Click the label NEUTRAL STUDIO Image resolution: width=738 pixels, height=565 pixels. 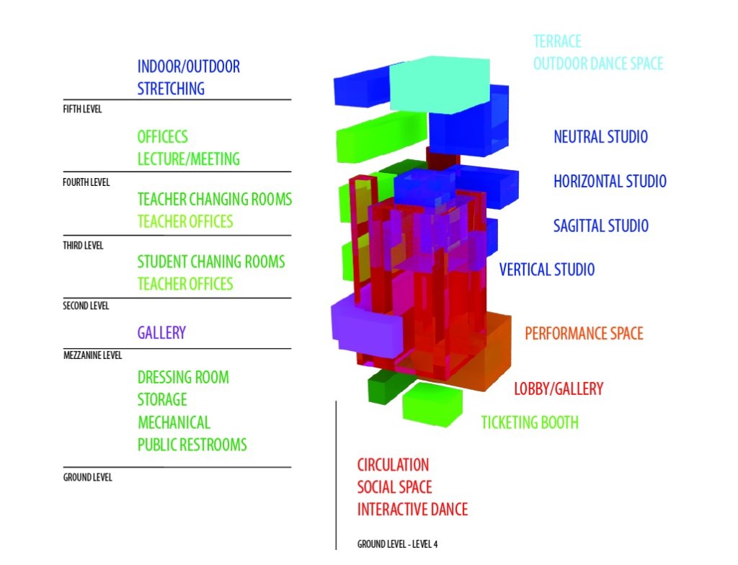tap(600, 137)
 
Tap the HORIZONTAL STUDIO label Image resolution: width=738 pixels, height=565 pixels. tap(610, 182)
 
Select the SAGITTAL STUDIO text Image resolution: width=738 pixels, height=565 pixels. tap(601, 226)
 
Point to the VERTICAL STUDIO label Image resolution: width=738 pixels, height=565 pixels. tap(547, 270)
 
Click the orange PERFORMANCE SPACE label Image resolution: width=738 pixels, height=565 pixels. tap(584, 334)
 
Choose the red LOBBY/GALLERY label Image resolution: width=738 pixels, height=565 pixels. tap(559, 389)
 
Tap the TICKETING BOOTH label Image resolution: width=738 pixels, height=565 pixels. tap(530, 422)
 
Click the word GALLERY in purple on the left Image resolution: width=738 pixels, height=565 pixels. tap(161, 333)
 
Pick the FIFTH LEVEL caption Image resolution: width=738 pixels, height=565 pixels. tap(83, 110)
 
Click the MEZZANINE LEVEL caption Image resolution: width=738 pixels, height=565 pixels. tap(93, 355)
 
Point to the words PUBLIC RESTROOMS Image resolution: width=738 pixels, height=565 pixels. tap(192, 445)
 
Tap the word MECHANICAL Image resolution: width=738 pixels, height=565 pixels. tap(174, 422)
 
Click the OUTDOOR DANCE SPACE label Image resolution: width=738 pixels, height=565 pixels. tap(597, 63)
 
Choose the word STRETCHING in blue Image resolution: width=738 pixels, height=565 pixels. tap(171, 89)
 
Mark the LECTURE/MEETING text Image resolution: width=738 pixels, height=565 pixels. tap(188, 159)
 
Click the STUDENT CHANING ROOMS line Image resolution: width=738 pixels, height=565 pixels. tap(211, 262)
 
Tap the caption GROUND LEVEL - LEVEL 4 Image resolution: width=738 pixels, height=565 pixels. tap(397, 544)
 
